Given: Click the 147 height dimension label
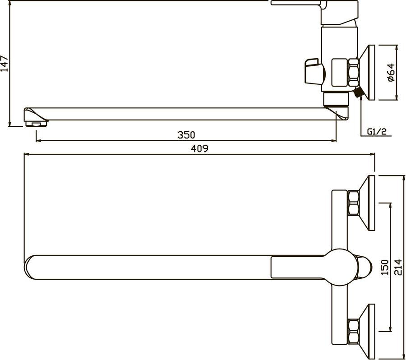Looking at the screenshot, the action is [5, 64].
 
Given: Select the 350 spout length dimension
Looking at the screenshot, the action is [186, 135].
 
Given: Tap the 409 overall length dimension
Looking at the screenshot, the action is [199, 148].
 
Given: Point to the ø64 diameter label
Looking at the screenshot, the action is [391, 73].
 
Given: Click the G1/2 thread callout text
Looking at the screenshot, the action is [377, 131].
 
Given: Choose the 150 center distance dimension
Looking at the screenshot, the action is [385, 267].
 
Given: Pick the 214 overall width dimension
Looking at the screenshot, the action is [398, 267].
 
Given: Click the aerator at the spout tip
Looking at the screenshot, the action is [37, 124].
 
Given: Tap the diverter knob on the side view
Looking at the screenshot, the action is [314, 71].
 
